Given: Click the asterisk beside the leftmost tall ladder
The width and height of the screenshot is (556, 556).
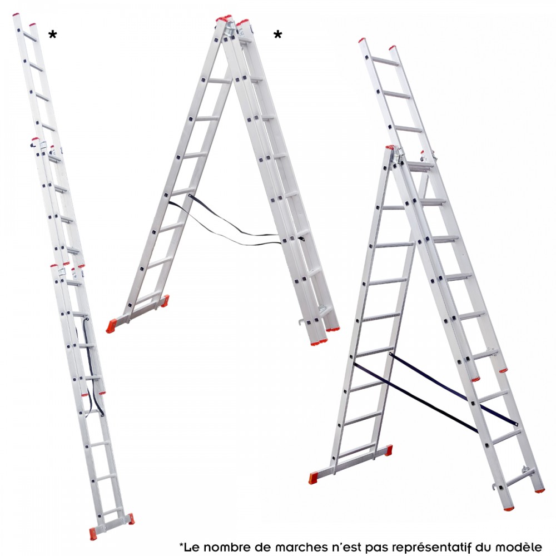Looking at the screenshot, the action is (52, 34).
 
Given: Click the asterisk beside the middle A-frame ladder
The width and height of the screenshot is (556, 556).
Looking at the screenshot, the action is (277, 34).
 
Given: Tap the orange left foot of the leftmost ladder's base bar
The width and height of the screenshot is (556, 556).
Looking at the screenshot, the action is (93, 533).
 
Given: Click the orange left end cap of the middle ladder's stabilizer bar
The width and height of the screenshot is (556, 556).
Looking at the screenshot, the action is (111, 326).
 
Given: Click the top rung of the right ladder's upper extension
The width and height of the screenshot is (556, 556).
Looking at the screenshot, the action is (385, 61).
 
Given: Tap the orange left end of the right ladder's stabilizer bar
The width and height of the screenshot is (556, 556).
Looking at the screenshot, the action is (314, 478).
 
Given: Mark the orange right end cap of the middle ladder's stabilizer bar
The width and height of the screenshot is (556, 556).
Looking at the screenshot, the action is (165, 301).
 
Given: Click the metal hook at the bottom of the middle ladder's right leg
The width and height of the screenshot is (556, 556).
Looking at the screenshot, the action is (300, 322).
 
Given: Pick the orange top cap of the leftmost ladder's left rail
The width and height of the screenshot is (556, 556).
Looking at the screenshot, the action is (16, 15).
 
